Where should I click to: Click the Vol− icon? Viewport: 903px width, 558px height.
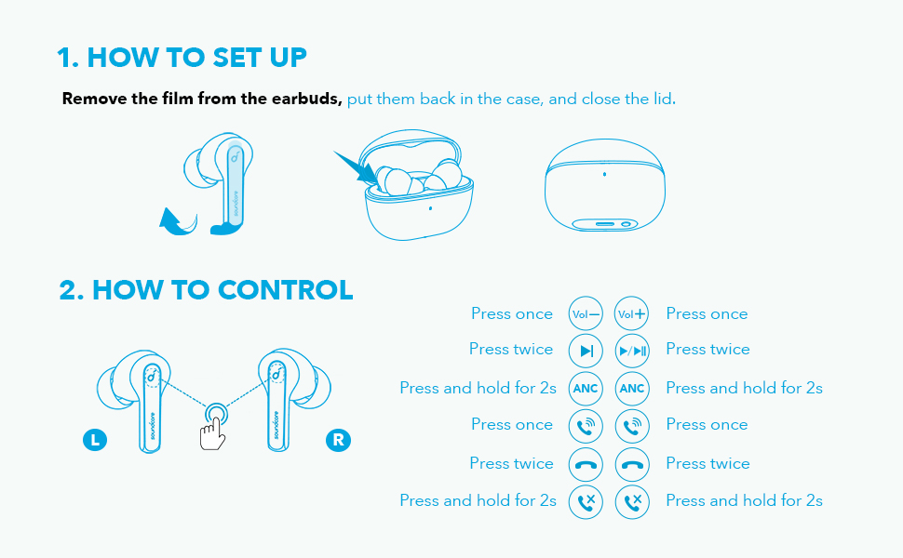tap(586, 314)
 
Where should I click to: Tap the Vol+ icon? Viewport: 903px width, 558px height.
tap(632, 314)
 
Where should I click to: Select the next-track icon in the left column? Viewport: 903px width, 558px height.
tap(586, 351)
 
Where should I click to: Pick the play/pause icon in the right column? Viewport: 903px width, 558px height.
tap(632, 351)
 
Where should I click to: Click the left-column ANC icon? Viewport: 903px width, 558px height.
tap(586, 389)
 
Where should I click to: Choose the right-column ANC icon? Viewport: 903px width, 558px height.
tap(632, 389)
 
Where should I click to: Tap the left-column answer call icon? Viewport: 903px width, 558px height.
tap(586, 426)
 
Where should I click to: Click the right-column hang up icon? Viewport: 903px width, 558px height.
tap(632, 464)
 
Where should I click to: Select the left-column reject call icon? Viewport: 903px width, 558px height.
tap(586, 501)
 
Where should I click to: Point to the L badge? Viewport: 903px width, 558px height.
tap(95, 440)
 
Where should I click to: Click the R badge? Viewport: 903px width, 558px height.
tap(338, 440)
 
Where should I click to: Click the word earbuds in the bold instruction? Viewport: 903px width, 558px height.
tap(306, 99)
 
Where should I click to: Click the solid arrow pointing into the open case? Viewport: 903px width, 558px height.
tap(356, 168)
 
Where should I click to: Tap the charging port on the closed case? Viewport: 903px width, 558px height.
tap(605, 224)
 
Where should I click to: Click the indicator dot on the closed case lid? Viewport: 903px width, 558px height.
tap(604, 174)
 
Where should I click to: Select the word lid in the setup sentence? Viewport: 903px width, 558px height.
tap(664, 99)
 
